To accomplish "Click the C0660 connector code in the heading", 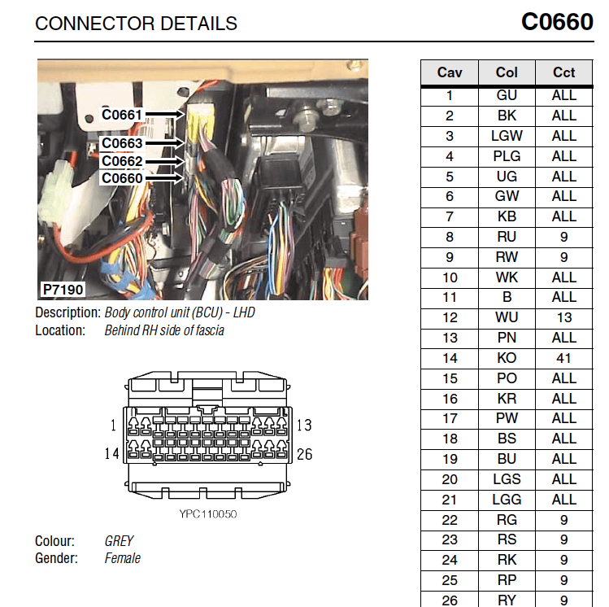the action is point(557,22).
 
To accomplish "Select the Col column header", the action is point(507,72).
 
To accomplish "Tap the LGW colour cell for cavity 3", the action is point(507,136).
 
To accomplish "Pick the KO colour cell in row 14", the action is point(507,358).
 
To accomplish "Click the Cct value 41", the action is point(563,358).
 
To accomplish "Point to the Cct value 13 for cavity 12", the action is point(564,317).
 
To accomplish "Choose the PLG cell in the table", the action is point(507,156).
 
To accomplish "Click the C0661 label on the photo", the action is point(121,115).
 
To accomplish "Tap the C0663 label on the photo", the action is point(122,143).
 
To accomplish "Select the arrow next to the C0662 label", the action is point(165,161).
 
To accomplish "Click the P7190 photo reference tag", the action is point(63,290).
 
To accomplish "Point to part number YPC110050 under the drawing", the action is point(208,514).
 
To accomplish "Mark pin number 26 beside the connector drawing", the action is point(304,454).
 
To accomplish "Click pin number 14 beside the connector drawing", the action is point(111,453).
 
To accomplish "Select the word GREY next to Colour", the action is point(119,541).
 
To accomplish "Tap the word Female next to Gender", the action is point(122,558).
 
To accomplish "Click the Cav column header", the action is point(450,72).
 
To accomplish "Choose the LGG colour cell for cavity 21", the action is point(507,500).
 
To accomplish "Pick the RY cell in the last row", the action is point(507,600).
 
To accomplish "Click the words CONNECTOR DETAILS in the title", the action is point(136,24).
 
